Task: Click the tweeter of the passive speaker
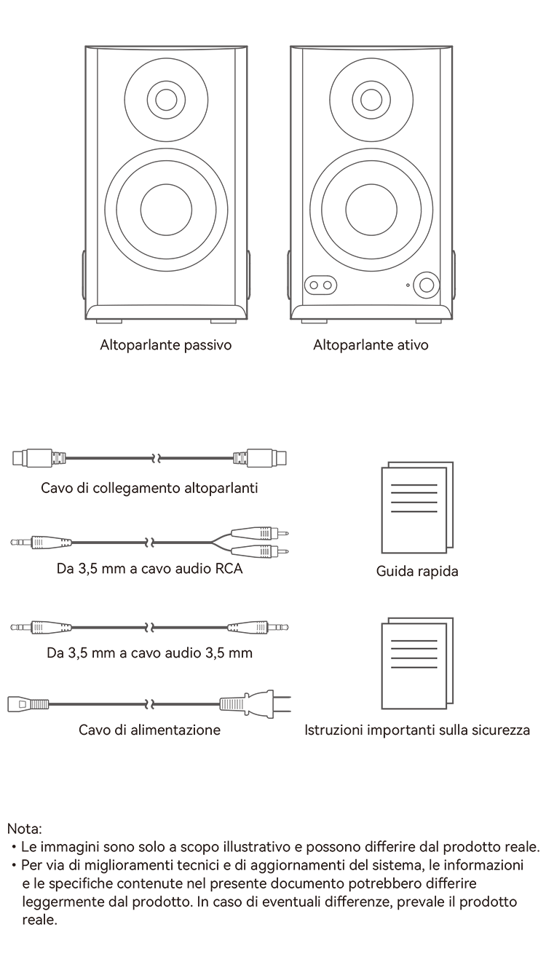[166, 100]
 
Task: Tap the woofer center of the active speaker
[371, 210]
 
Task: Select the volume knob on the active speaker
[427, 285]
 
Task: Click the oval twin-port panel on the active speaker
[321, 285]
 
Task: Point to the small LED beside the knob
[408, 285]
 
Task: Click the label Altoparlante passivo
[166, 345]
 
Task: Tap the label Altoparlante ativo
[371, 345]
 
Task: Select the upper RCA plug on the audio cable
[260, 532]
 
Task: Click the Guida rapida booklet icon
[417, 507]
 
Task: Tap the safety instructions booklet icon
[417, 663]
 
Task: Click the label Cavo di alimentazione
[149, 730]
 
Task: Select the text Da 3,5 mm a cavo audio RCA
[149, 568]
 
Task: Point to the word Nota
[24, 829]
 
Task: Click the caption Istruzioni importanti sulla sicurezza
[417, 730]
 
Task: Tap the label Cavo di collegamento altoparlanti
[149, 488]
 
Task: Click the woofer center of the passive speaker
[166, 210]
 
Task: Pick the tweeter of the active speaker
[371, 100]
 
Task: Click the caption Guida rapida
[417, 571]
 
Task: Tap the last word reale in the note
[39, 920]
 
